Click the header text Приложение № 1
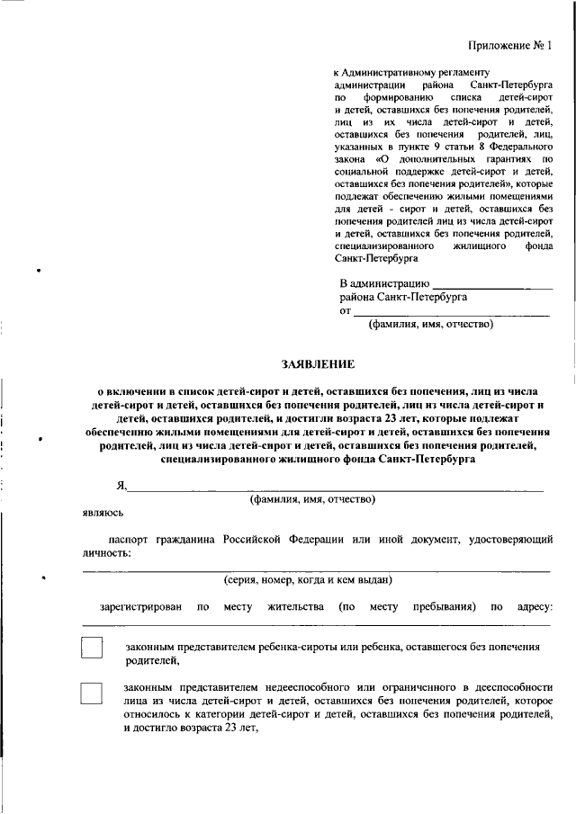pos(508,45)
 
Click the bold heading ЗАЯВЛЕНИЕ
pos(319,364)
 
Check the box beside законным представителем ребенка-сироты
pos(93,650)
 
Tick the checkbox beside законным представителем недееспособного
pos(93,693)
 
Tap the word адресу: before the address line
pos(534,606)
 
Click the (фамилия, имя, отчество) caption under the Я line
pos(312,499)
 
